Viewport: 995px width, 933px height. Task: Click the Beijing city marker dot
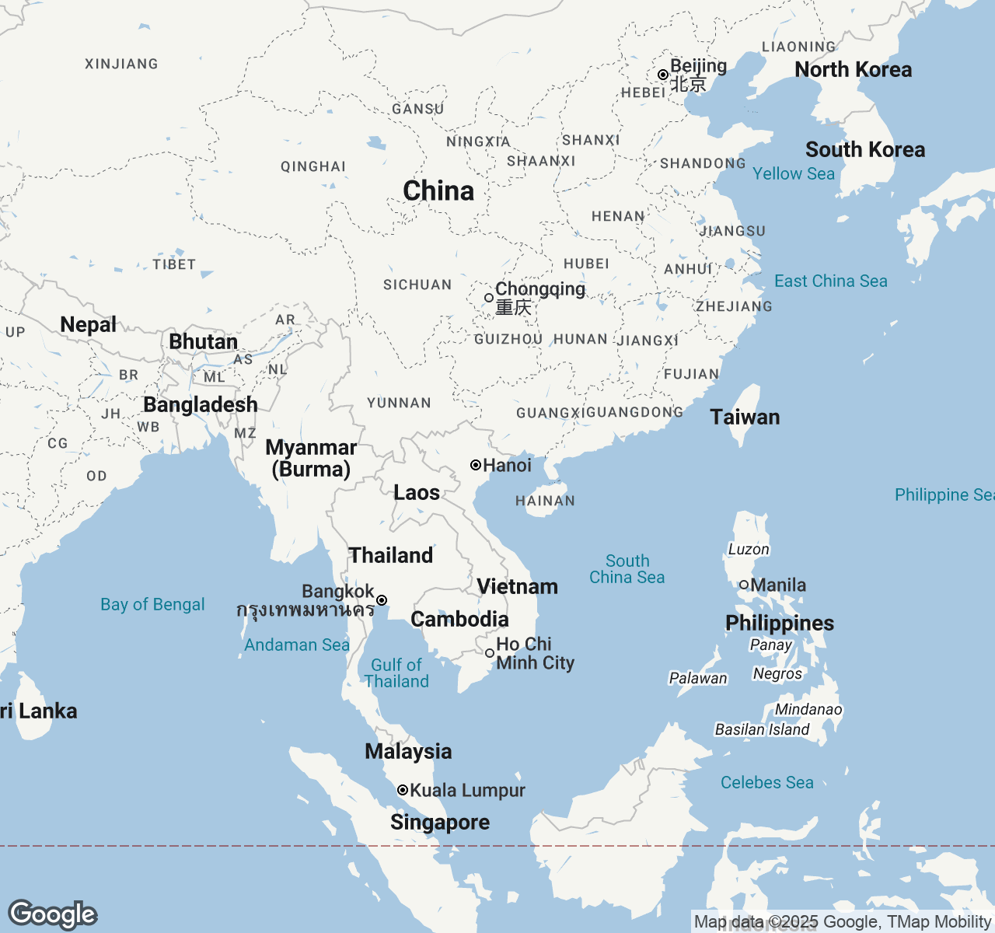pyautogui.click(x=662, y=75)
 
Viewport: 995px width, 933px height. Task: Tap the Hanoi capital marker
pyautogui.click(x=476, y=465)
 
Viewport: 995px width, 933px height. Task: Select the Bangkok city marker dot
pyautogui.click(x=382, y=600)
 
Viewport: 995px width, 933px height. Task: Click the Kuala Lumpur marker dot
pyautogui.click(x=403, y=790)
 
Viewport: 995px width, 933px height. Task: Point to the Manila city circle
pyautogui.click(x=744, y=585)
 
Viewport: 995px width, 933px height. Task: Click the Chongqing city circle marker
pyautogui.click(x=489, y=298)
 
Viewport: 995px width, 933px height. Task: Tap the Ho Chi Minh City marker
pyautogui.click(x=490, y=653)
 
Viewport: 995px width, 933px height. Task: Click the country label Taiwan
pyautogui.click(x=745, y=417)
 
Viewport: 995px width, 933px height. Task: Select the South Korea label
pyautogui.click(x=865, y=149)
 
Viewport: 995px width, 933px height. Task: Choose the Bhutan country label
pyautogui.click(x=203, y=341)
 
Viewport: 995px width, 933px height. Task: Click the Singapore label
pyautogui.click(x=440, y=822)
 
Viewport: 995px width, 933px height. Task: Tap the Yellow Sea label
pyautogui.click(x=794, y=173)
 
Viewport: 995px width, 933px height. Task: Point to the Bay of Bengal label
pyautogui.click(x=152, y=604)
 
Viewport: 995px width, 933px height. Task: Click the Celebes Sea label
pyautogui.click(x=766, y=782)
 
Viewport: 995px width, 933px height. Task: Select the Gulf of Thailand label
pyautogui.click(x=396, y=673)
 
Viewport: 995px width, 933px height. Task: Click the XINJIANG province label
pyautogui.click(x=121, y=64)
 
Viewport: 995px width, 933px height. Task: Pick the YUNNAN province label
pyautogui.click(x=399, y=403)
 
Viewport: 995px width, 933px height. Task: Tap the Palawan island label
pyautogui.click(x=698, y=678)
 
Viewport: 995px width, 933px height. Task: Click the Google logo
pyautogui.click(x=53, y=914)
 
